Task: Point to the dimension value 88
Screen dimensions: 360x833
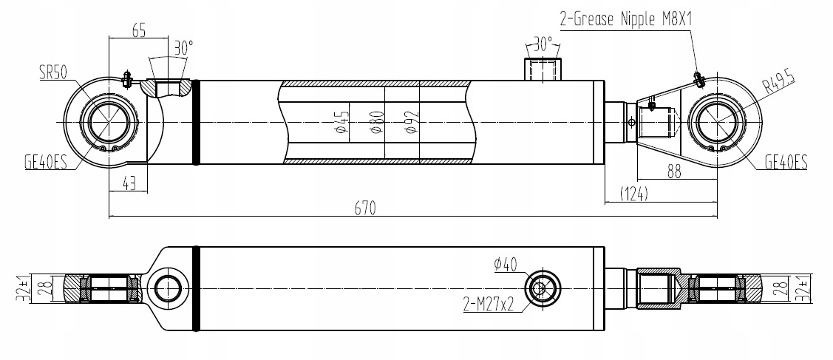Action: [673, 171]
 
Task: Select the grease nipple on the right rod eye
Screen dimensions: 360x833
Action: [696, 76]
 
